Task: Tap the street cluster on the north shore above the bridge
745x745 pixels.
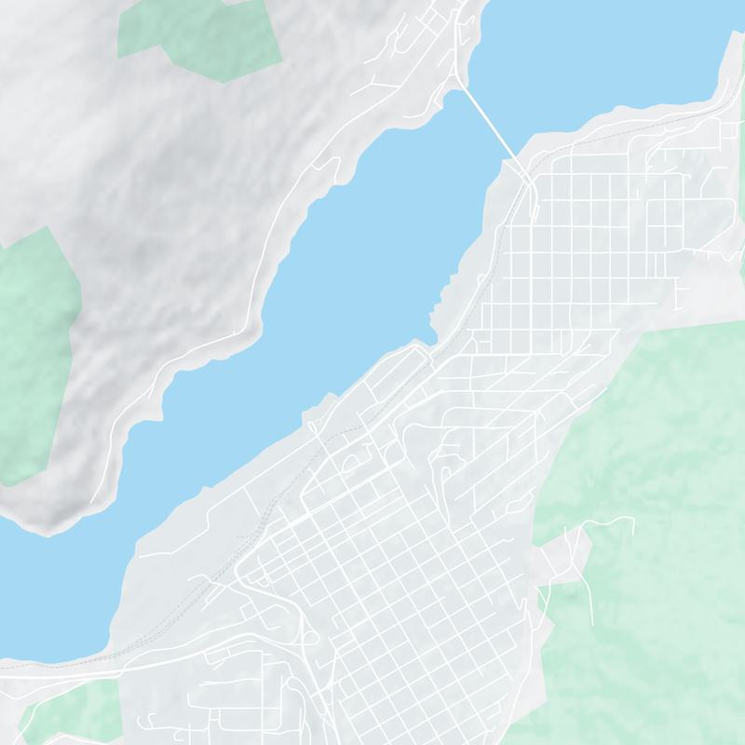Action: [x=419, y=37]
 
